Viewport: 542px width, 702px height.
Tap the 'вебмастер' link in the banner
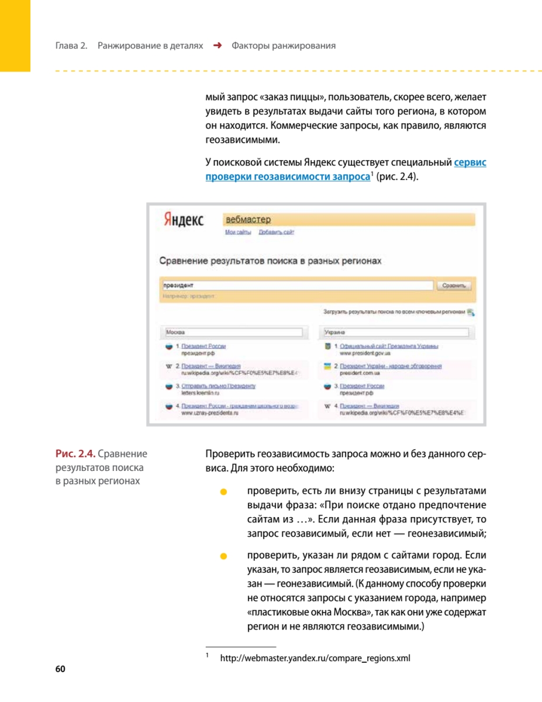(x=248, y=219)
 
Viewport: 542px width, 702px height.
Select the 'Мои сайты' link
(x=238, y=232)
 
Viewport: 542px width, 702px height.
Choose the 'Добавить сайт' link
(x=277, y=232)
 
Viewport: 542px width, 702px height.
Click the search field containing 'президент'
(x=295, y=285)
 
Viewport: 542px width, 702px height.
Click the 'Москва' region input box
(x=233, y=332)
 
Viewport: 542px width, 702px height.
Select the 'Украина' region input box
(x=396, y=332)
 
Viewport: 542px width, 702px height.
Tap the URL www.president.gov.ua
(x=365, y=353)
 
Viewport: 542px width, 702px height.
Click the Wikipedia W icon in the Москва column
(x=168, y=366)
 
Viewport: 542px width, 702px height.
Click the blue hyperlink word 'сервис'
(x=470, y=162)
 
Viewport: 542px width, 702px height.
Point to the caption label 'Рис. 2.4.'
(x=76, y=453)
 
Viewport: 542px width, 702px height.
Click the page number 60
(x=60, y=669)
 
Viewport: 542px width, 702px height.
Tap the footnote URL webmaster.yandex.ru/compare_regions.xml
(x=315, y=659)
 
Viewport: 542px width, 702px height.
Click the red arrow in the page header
(x=217, y=46)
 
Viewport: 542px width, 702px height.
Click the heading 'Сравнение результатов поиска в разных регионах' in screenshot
(x=270, y=261)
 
